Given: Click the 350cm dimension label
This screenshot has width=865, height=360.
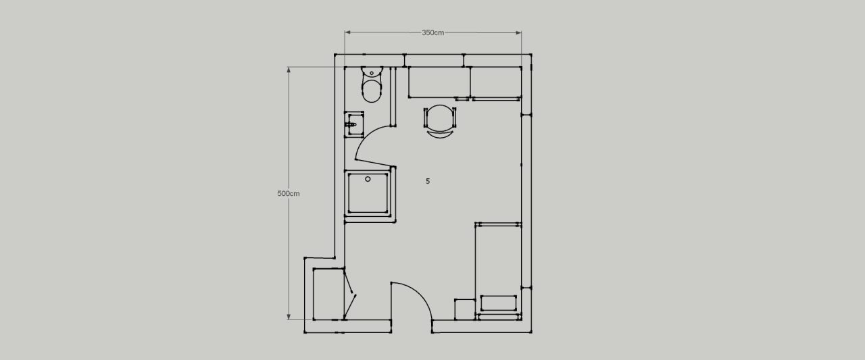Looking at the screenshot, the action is tap(432, 33).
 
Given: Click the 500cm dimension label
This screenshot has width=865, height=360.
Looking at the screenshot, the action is tap(288, 194).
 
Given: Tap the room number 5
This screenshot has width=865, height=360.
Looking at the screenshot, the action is tap(428, 181).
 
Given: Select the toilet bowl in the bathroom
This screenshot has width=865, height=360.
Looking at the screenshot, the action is tap(372, 91).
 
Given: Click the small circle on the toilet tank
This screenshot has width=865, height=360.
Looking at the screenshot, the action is tap(372, 73).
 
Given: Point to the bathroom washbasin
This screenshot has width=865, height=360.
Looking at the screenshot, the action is tap(354, 124).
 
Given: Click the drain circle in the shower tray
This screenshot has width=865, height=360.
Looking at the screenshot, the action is tap(368, 179).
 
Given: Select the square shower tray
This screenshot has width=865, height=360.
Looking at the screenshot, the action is tap(368, 193).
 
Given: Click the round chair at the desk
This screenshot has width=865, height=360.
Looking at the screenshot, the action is tap(440, 117).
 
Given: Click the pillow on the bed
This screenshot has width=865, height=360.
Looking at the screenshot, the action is tap(499, 303).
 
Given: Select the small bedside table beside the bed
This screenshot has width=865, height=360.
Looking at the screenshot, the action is tap(464, 309).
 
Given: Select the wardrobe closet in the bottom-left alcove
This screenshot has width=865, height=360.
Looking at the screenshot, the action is tap(328, 294).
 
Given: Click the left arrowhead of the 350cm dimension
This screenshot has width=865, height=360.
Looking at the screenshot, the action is tap(347, 32).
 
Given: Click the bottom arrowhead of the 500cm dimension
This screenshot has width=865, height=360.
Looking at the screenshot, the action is tap(289, 317).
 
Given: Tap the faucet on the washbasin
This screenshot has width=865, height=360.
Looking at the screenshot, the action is tap(351, 125).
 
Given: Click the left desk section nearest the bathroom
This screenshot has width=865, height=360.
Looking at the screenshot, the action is tap(439, 82).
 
